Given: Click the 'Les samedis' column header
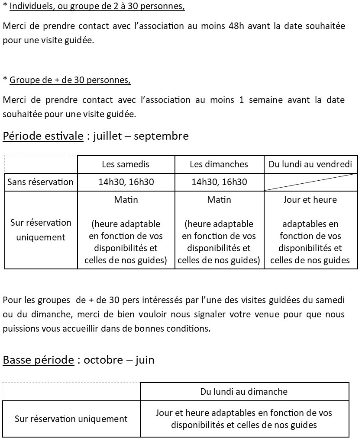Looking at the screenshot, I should pyautogui.click(x=126, y=164).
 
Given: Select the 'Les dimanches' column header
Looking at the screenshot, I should pyautogui.click(x=219, y=164).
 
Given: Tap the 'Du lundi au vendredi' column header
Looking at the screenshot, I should pyautogui.click(x=310, y=164).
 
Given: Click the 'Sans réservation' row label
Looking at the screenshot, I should pyautogui.click(x=40, y=182).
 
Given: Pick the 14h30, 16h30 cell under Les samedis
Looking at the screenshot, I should pyautogui.click(x=126, y=182).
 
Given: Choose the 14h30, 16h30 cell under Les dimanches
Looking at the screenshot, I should pyautogui.click(x=219, y=182).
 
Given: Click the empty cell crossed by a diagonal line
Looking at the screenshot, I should pyautogui.click(x=310, y=182).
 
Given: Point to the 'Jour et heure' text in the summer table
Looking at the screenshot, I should pyautogui.click(x=310, y=200).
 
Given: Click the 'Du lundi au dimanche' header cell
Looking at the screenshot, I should pyautogui.click(x=244, y=392).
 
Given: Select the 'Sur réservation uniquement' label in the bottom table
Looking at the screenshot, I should pyautogui.click(x=71, y=419).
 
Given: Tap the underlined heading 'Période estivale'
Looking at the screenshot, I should pyautogui.click(x=43, y=136).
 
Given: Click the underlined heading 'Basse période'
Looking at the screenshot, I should pyautogui.click(x=38, y=360).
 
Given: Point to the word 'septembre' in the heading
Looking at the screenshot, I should pyautogui.click(x=161, y=136).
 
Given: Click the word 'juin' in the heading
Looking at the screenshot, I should pyautogui.click(x=145, y=360).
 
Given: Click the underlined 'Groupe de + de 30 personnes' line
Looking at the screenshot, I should pyautogui.click(x=70, y=80).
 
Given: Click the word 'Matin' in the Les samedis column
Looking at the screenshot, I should pyautogui.click(x=126, y=200).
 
